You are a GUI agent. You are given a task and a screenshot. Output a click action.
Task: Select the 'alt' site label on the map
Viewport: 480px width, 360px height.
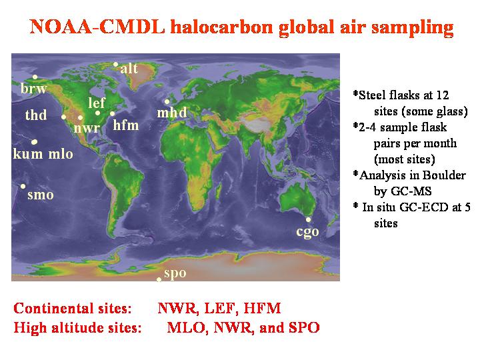tap(129, 68)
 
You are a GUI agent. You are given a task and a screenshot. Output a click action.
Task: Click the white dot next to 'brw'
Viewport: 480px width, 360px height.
tap(35, 77)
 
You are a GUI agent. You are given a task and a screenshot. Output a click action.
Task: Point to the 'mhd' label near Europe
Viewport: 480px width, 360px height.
tap(172, 113)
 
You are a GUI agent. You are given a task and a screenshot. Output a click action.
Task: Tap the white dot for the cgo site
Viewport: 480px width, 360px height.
tap(308, 219)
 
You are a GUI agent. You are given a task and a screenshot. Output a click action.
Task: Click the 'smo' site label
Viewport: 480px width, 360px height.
tap(41, 195)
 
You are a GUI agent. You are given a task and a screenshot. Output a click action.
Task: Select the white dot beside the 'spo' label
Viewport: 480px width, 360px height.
tap(159, 279)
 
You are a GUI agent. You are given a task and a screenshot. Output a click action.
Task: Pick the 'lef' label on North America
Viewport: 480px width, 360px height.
tap(97, 103)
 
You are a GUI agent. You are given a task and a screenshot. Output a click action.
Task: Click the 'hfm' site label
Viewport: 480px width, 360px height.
tap(126, 125)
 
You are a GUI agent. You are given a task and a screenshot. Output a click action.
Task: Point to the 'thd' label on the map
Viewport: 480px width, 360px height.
tap(36, 115)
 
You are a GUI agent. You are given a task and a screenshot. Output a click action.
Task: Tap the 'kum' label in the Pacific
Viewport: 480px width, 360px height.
tap(28, 153)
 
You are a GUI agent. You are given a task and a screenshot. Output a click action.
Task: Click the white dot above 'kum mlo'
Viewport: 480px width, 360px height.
tap(34, 142)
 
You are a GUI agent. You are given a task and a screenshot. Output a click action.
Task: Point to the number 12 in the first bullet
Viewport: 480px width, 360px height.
tap(443, 95)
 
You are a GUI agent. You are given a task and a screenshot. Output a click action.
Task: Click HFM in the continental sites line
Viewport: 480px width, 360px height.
tap(262, 308)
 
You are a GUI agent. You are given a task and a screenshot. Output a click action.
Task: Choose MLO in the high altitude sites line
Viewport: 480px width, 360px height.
tap(186, 327)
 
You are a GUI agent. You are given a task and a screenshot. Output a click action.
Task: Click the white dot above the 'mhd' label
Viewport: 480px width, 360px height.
tap(167, 101)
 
